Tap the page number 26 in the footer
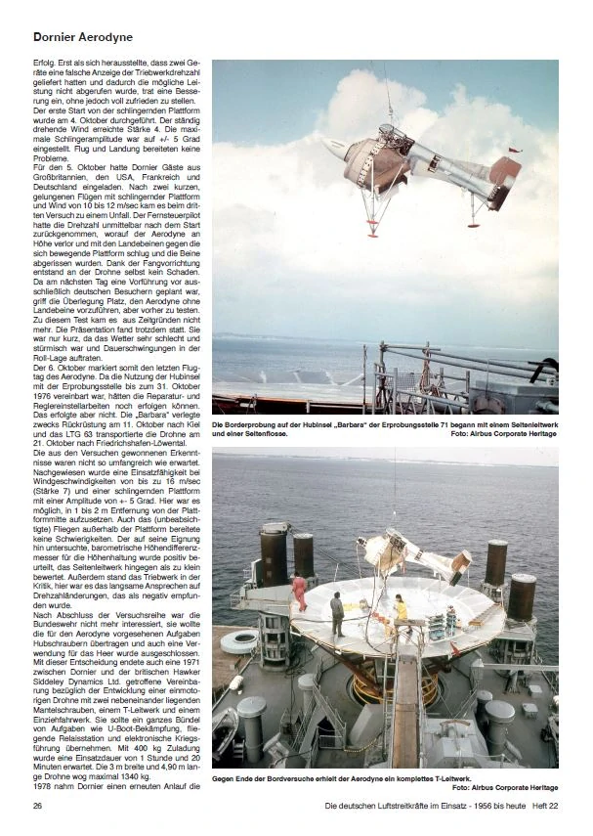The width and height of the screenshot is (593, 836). coord(38,806)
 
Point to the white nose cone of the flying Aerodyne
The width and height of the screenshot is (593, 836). coord(336,150)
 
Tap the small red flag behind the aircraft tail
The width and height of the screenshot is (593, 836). coord(516,151)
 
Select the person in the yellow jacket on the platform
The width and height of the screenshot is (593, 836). coord(401,608)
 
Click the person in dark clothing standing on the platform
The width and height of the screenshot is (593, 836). coord(336,613)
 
